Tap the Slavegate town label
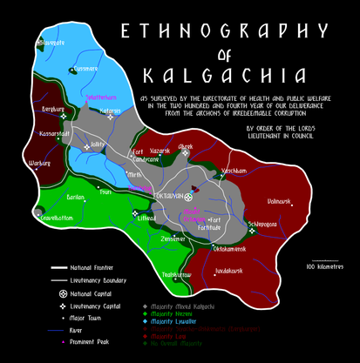point(52,43)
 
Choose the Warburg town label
point(40,163)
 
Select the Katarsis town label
point(110,111)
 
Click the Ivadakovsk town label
point(227,271)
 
